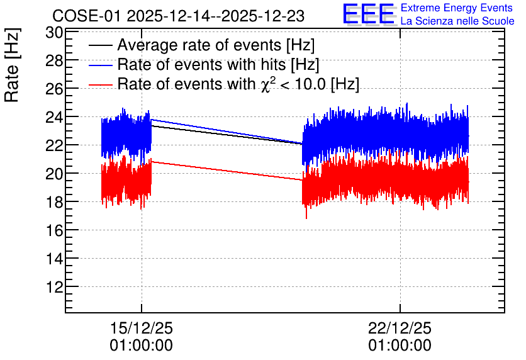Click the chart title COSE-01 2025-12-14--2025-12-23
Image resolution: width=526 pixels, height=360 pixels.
[179, 16]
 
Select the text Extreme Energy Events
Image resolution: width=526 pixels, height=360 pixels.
[457, 8]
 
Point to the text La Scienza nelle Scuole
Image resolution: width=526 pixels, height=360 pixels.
[457, 21]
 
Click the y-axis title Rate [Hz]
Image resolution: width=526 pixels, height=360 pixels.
[12, 65]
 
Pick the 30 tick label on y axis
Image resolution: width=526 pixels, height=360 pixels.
[54, 33]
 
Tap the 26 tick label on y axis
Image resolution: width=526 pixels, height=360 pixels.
[54, 89]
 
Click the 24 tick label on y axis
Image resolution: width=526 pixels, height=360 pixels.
[54, 118]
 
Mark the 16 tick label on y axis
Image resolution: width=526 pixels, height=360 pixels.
[54, 230]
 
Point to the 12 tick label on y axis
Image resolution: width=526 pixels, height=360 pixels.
[54, 287]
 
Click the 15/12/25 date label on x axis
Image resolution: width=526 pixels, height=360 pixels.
[141, 328]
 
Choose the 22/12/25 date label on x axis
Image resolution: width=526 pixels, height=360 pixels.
[400, 328]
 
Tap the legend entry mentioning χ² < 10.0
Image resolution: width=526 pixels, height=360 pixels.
[238, 84]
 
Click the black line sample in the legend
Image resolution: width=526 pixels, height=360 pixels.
[100, 45]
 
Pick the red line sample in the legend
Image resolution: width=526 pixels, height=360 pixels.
[100, 84]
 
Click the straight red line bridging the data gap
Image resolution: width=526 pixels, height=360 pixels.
[227, 171]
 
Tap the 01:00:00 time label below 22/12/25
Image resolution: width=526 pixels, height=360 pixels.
[400, 346]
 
